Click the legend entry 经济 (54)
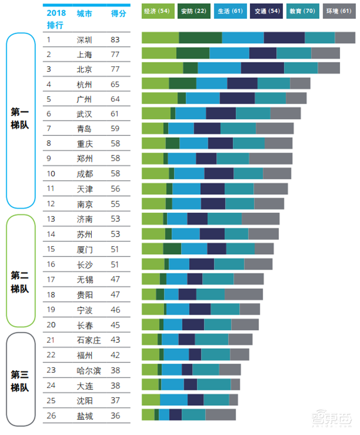pos(157,11)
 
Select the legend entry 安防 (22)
pos(193,11)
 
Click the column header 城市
pos(84,13)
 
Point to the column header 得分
pos(118,13)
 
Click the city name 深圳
pos(84,40)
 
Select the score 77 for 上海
pos(115,55)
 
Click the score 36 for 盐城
pos(115,416)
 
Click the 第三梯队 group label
pos(20,381)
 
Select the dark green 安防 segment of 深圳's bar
pos(200,38)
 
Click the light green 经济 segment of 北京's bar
pos(162,68)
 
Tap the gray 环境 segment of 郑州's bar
pos(270,158)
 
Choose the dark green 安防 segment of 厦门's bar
pos(172,249)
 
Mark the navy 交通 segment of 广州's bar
pos(237,98)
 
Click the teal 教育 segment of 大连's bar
pos(214,384)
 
